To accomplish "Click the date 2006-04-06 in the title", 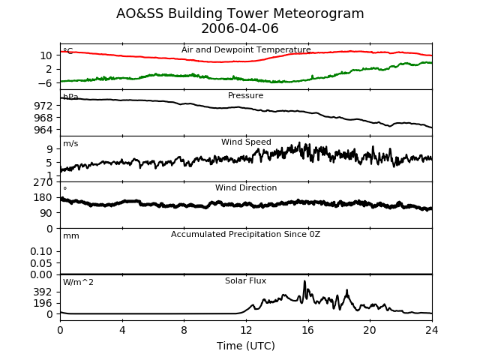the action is pyautogui.click(x=240, y=28).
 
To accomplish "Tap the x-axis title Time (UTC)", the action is pyautogui.click(x=246, y=346).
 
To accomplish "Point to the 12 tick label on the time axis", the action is pyautogui.click(x=246, y=330).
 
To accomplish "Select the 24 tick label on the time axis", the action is pyautogui.click(x=432, y=330).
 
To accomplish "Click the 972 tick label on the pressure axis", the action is pyautogui.click(x=43, y=106).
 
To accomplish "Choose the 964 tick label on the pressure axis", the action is pyautogui.click(x=43, y=130).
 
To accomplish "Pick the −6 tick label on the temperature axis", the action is pyautogui.click(x=45, y=83).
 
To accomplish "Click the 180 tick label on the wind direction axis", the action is pyautogui.click(x=43, y=197).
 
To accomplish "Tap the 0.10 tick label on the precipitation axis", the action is pyautogui.click(x=41, y=251).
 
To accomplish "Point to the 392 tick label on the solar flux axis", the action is pyautogui.click(x=43, y=292).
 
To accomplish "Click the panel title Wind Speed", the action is pyautogui.click(x=246, y=142).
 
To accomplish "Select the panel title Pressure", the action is pyautogui.click(x=245, y=95).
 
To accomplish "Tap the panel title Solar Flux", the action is pyautogui.click(x=245, y=280).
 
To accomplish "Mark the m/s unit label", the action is pyautogui.click(x=70, y=143).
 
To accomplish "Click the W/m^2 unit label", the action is pyautogui.click(x=78, y=282).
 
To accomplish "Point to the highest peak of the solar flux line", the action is pyautogui.click(x=304, y=280).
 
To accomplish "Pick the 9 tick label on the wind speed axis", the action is pyautogui.click(x=49, y=149).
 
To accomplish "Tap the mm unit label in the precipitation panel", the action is pyautogui.click(x=71, y=236).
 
